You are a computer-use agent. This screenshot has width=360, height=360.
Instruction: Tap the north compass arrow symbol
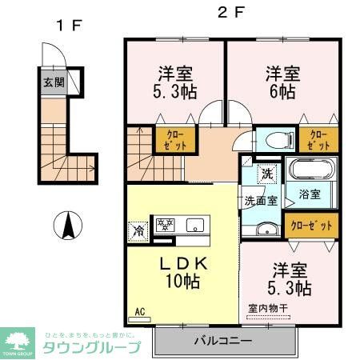[x=68, y=223]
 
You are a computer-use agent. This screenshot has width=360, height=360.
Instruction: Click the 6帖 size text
[x=282, y=93]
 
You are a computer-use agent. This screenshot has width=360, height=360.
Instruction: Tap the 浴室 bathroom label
[x=309, y=194]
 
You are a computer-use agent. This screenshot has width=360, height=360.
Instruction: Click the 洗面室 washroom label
[x=262, y=201]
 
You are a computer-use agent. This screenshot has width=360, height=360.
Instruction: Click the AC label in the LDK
[x=139, y=312]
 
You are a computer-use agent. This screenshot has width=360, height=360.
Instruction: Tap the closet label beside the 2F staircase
[x=170, y=140]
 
